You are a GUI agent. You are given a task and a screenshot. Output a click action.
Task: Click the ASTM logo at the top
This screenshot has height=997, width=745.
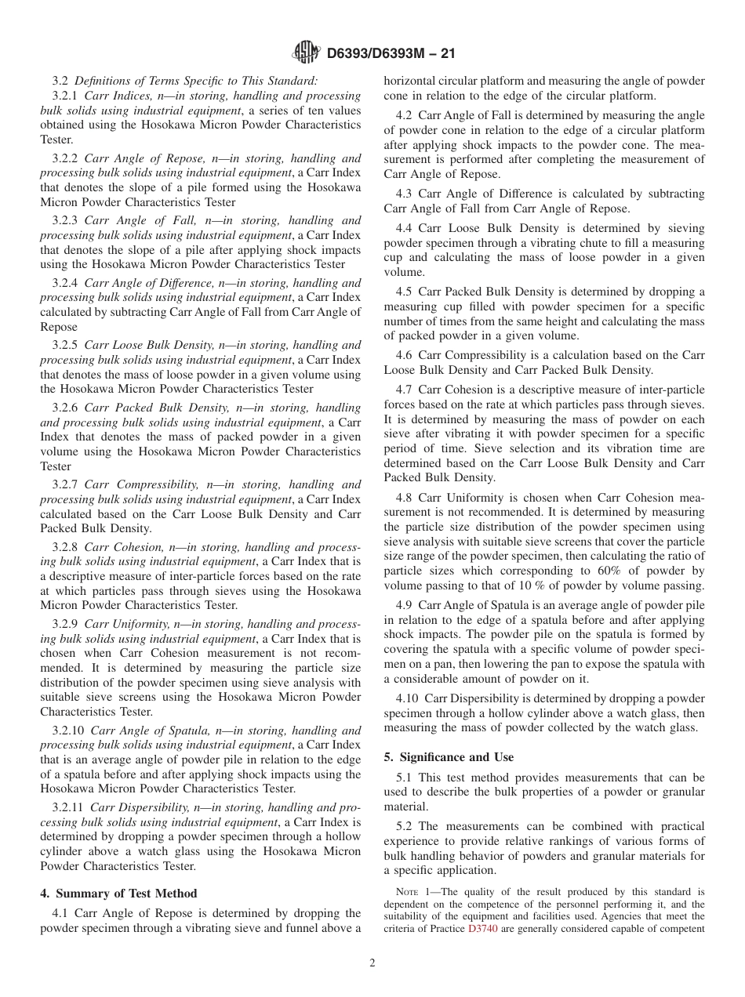[x=305, y=53]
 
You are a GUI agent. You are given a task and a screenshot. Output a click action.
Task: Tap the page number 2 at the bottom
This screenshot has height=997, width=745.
[x=372, y=963]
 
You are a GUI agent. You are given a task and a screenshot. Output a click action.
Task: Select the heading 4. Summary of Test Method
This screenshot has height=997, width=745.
[x=118, y=894]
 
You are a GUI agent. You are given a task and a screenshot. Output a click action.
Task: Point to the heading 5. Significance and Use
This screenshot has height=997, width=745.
[x=449, y=757]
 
